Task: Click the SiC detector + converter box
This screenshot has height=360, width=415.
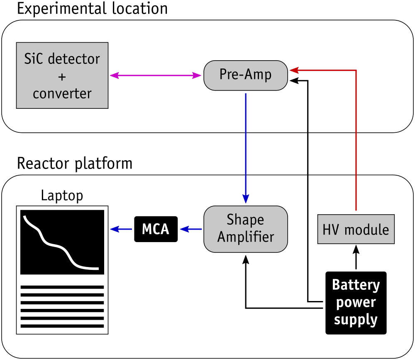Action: [x=62, y=76]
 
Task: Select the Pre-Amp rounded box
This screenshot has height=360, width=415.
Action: [x=246, y=75]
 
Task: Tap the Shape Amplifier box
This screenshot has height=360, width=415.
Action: [x=246, y=229]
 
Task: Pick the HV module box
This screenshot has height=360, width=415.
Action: [x=356, y=229]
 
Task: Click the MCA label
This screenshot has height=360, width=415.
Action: [x=156, y=229]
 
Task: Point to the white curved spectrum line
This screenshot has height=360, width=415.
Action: [x=58, y=245]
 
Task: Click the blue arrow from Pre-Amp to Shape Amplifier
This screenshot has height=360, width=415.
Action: [x=246, y=145]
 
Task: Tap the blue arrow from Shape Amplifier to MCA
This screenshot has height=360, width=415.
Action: [x=191, y=229]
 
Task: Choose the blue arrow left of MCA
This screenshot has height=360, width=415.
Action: [x=121, y=229]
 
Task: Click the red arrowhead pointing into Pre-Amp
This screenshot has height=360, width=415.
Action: [x=294, y=71]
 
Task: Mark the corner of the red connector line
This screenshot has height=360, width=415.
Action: [x=356, y=71]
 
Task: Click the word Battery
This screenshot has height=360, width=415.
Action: [x=356, y=285]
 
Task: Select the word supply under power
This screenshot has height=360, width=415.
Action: [x=356, y=320]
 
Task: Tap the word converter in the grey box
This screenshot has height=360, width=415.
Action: [x=62, y=93]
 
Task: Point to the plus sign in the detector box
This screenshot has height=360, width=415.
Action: [x=62, y=77]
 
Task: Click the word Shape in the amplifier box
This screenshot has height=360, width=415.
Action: [x=245, y=220]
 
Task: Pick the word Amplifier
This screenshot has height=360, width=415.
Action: [x=246, y=237]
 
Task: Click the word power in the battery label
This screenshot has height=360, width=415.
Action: [x=356, y=303]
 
